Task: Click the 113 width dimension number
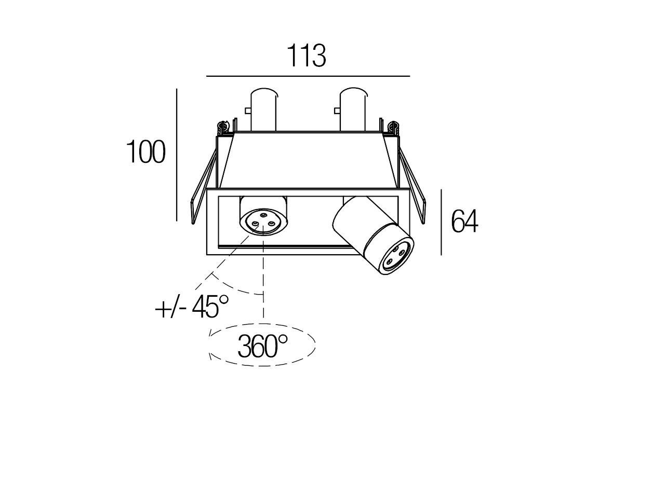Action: [x=307, y=56]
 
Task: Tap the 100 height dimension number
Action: [x=145, y=152]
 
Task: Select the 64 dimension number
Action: [x=464, y=221]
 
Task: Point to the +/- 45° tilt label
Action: [x=192, y=307]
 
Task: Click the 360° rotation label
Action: [x=262, y=347]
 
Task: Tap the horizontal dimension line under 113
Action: [x=308, y=76]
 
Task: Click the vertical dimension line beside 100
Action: [x=177, y=155]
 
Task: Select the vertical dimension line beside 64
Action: [x=441, y=222]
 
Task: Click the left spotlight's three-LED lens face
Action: [x=263, y=222]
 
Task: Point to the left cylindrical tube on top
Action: [x=263, y=109]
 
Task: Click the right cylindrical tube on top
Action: [x=353, y=109]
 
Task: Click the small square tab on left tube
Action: [x=247, y=111]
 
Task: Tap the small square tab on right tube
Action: [x=337, y=111]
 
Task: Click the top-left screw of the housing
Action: [x=222, y=128]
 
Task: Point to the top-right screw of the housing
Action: [x=394, y=128]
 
